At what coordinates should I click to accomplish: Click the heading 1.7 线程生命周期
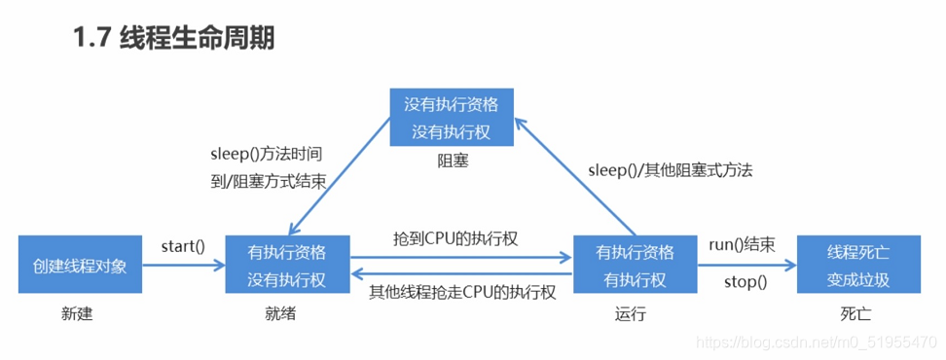tap(173, 38)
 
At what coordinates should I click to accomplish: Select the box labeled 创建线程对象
tap(79, 265)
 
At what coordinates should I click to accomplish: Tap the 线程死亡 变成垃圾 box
tap(857, 265)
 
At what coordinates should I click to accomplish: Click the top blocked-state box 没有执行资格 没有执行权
tap(451, 117)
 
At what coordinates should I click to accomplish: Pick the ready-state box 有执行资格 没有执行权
tap(287, 265)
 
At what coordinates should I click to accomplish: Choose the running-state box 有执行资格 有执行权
tap(635, 265)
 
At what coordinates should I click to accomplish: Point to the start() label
tap(183, 245)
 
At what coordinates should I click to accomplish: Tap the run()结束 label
tap(742, 245)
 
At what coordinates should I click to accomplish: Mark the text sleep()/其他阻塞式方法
tap(670, 169)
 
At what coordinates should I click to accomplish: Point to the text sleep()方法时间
tap(266, 154)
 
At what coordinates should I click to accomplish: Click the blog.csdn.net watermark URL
tap(818, 342)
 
